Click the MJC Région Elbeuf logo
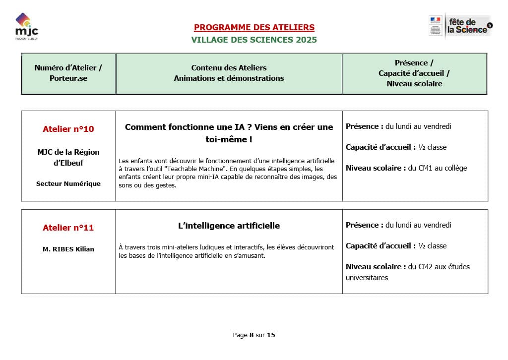pyautogui.click(x=27, y=27)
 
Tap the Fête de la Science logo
pyautogui.click(x=460, y=25)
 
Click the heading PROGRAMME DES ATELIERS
pyautogui.click(x=254, y=27)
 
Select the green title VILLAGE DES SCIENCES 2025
pyautogui.click(x=254, y=40)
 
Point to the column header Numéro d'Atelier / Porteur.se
pyautogui.click(x=68, y=73)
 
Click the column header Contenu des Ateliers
pyautogui.click(x=229, y=67)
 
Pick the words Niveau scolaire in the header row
pyautogui.click(x=414, y=84)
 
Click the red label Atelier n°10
pyautogui.click(x=68, y=129)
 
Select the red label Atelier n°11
pyautogui.click(x=68, y=228)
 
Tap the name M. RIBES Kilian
pyautogui.click(x=68, y=249)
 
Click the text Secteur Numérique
pyautogui.click(x=68, y=183)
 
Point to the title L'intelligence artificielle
pyautogui.click(x=229, y=226)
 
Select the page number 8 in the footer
pyautogui.click(x=252, y=335)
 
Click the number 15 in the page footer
pyautogui.click(x=271, y=335)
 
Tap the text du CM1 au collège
pyautogui.click(x=438, y=168)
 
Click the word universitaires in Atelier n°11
pyautogui.click(x=367, y=278)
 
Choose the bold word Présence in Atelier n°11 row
pyautogui.click(x=363, y=225)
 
